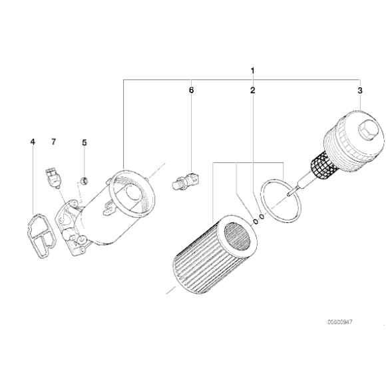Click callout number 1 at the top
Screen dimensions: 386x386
point(253,70)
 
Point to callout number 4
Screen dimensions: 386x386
point(32,142)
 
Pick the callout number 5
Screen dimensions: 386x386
point(84,142)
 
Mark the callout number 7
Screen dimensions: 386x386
point(54,142)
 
